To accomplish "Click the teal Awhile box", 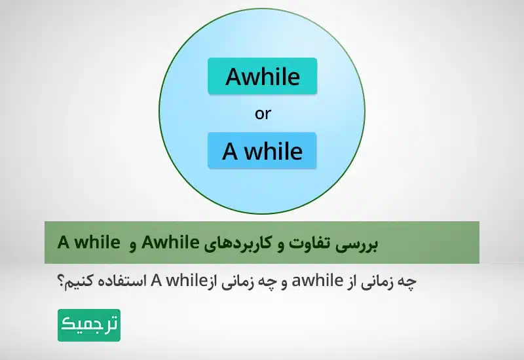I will click(x=262, y=77).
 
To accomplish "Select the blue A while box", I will click(x=262, y=151).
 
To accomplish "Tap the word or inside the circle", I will click(x=263, y=114).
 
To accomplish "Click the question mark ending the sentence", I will click(x=61, y=282).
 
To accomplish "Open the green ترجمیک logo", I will click(x=89, y=325).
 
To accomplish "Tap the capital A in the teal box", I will click(x=234, y=77).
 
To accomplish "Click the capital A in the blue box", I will click(x=230, y=152).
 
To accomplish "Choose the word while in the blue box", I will click(x=274, y=152).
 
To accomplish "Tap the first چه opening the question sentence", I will click(x=408, y=282).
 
